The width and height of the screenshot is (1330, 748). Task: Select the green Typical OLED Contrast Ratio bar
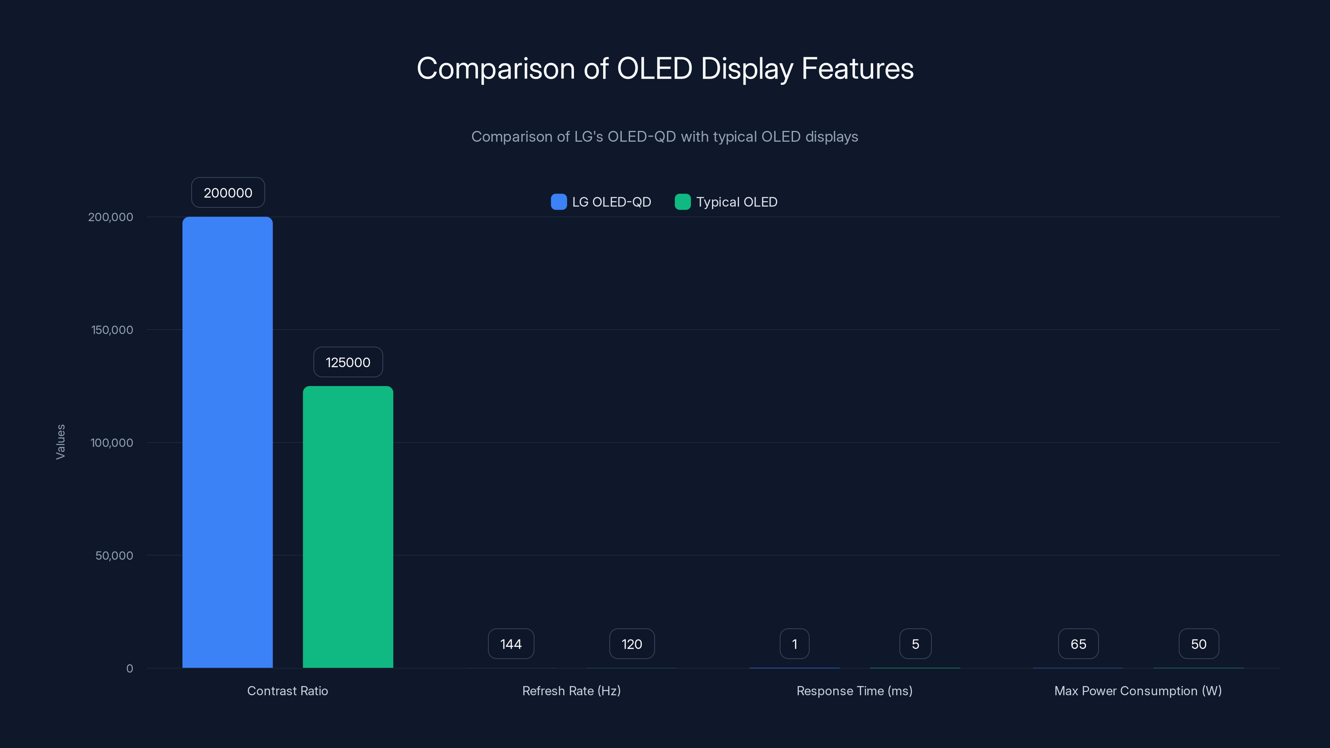click(347, 527)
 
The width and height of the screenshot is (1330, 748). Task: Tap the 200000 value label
click(228, 192)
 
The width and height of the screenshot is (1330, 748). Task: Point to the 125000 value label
click(347, 362)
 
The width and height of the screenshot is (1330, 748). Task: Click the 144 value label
click(511, 644)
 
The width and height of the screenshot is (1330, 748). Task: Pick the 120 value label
click(631, 644)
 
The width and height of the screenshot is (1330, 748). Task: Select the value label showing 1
click(794, 644)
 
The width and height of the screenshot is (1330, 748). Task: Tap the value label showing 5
click(915, 644)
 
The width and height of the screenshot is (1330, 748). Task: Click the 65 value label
click(1078, 644)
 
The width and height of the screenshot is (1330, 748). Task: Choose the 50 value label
click(1198, 644)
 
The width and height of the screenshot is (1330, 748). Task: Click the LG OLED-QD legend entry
click(601, 202)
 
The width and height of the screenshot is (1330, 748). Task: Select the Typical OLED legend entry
click(726, 202)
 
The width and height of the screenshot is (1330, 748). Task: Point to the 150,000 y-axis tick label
click(112, 330)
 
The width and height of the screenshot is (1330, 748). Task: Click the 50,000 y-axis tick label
click(114, 556)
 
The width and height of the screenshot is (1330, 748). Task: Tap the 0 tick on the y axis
click(130, 669)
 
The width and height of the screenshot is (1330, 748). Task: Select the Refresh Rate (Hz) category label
click(571, 691)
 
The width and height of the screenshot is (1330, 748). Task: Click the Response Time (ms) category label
click(854, 691)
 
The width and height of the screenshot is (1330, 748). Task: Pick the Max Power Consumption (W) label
click(1138, 691)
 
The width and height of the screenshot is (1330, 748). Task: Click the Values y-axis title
click(60, 441)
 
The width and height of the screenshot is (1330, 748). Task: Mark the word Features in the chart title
click(857, 69)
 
